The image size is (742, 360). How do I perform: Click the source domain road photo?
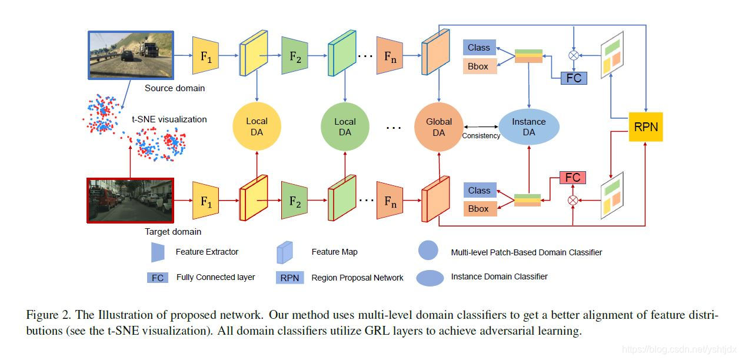(131, 55)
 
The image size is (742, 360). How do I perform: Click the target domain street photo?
(130, 201)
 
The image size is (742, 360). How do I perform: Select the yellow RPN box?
(645, 127)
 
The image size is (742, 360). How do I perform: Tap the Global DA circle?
(438, 127)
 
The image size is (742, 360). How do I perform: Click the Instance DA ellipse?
(528, 127)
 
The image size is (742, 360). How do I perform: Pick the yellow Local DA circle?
(257, 126)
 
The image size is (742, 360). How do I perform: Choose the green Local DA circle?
(345, 126)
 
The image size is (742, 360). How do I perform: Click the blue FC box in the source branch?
(574, 78)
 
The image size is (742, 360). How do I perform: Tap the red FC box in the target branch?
(573, 178)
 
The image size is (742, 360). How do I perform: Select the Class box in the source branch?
(479, 48)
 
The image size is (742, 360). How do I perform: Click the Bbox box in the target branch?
(480, 209)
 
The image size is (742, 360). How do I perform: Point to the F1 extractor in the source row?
(205, 56)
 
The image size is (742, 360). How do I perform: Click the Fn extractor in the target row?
(390, 201)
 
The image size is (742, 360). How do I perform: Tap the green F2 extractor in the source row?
(294, 56)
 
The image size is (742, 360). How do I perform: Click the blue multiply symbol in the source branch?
(574, 55)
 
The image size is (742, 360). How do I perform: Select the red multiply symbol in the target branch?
(573, 200)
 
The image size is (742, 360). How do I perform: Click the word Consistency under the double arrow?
(481, 135)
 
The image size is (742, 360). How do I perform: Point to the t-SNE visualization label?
(169, 119)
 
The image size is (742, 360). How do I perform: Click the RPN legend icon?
(290, 278)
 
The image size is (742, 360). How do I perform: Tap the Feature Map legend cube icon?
(285, 252)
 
